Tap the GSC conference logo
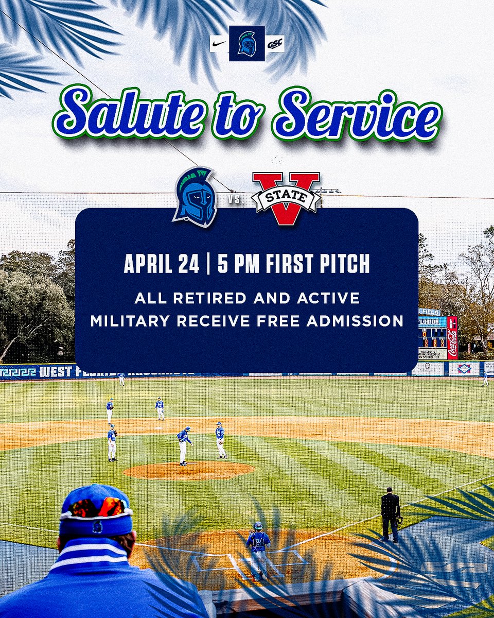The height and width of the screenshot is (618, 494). pos(275,44)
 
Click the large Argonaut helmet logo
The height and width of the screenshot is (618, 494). pos(196,197)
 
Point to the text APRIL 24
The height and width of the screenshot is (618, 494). pos(161,264)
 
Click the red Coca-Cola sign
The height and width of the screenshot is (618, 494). pos(452,337)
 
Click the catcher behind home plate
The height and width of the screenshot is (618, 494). pos(258,546)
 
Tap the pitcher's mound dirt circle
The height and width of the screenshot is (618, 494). pos(189,470)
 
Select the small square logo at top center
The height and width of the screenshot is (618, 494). pos(247,43)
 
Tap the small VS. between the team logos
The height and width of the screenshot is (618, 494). pos(234,198)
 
